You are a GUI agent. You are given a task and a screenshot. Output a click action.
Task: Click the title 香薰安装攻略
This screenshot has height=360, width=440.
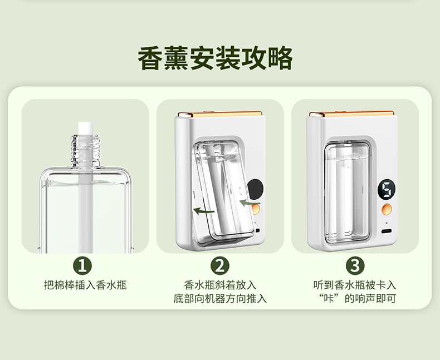[215, 60]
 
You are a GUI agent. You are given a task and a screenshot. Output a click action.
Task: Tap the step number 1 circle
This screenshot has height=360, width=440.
[85, 265]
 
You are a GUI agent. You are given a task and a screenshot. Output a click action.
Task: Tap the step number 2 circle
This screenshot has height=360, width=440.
[220, 265]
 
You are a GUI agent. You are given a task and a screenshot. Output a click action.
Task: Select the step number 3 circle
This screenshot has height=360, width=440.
[355, 265]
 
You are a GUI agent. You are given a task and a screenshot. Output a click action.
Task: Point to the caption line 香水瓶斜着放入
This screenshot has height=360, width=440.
[220, 285]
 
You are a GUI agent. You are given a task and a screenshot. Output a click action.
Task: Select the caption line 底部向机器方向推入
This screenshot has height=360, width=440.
[220, 299]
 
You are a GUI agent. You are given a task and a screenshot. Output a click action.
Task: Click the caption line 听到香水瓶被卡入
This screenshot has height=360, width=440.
[355, 285]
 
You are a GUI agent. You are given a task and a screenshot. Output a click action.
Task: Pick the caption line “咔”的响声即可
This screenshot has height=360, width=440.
[355, 299]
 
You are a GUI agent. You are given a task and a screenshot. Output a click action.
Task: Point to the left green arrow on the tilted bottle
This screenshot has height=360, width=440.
[203, 210]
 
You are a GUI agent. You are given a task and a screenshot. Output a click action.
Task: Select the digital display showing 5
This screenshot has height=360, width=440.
[387, 190]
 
